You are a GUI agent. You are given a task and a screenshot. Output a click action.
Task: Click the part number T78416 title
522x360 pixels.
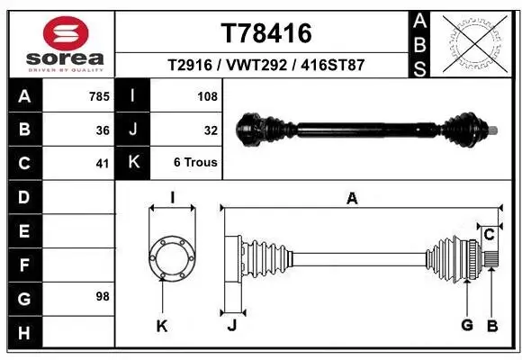pyautogui.click(x=266, y=33)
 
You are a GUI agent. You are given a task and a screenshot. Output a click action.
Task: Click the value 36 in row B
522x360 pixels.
pyautogui.click(x=103, y=130)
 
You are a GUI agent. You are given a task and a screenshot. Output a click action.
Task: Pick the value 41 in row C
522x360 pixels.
pyautogui.click(x=103, y=163)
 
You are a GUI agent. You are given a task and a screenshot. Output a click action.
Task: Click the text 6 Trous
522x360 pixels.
pyautogui.click(x=196, y=163)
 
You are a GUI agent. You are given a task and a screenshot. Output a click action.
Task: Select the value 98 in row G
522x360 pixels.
pyautogui.click(x=103, y=296)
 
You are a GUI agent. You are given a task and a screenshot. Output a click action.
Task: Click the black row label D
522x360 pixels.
pyautogui.click(x=23, y=197)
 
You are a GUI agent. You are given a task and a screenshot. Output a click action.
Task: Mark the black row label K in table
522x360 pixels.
pyautogui.click(x=133, y=163)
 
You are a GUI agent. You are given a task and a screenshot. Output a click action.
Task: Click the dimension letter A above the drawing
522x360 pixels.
pyautogui.click(x=352, y=199)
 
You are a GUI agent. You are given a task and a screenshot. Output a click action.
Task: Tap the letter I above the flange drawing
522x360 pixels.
pyautogui.click(x=171, y=199)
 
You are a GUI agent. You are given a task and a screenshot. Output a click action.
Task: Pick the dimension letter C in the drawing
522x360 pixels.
pyautogui.click(x=489, y=235)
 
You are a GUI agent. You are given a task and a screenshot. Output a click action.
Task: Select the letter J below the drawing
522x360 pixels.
pyautogui.click(x=231, y=326)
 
